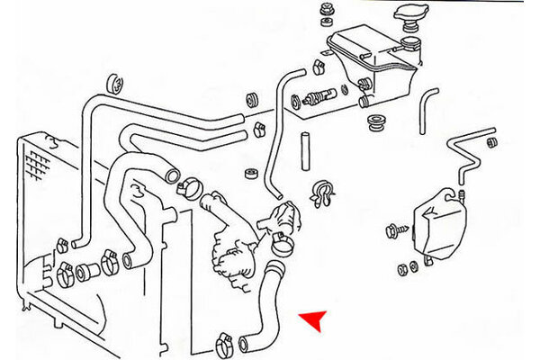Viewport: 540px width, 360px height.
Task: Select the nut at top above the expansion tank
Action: pos(326,11)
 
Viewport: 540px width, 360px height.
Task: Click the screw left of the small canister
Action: pos(393,231)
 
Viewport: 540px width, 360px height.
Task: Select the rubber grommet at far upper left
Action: pos(115,84)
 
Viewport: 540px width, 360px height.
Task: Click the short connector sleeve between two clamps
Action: pos(88,268)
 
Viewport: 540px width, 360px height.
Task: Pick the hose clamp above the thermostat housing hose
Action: pos(186,187)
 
